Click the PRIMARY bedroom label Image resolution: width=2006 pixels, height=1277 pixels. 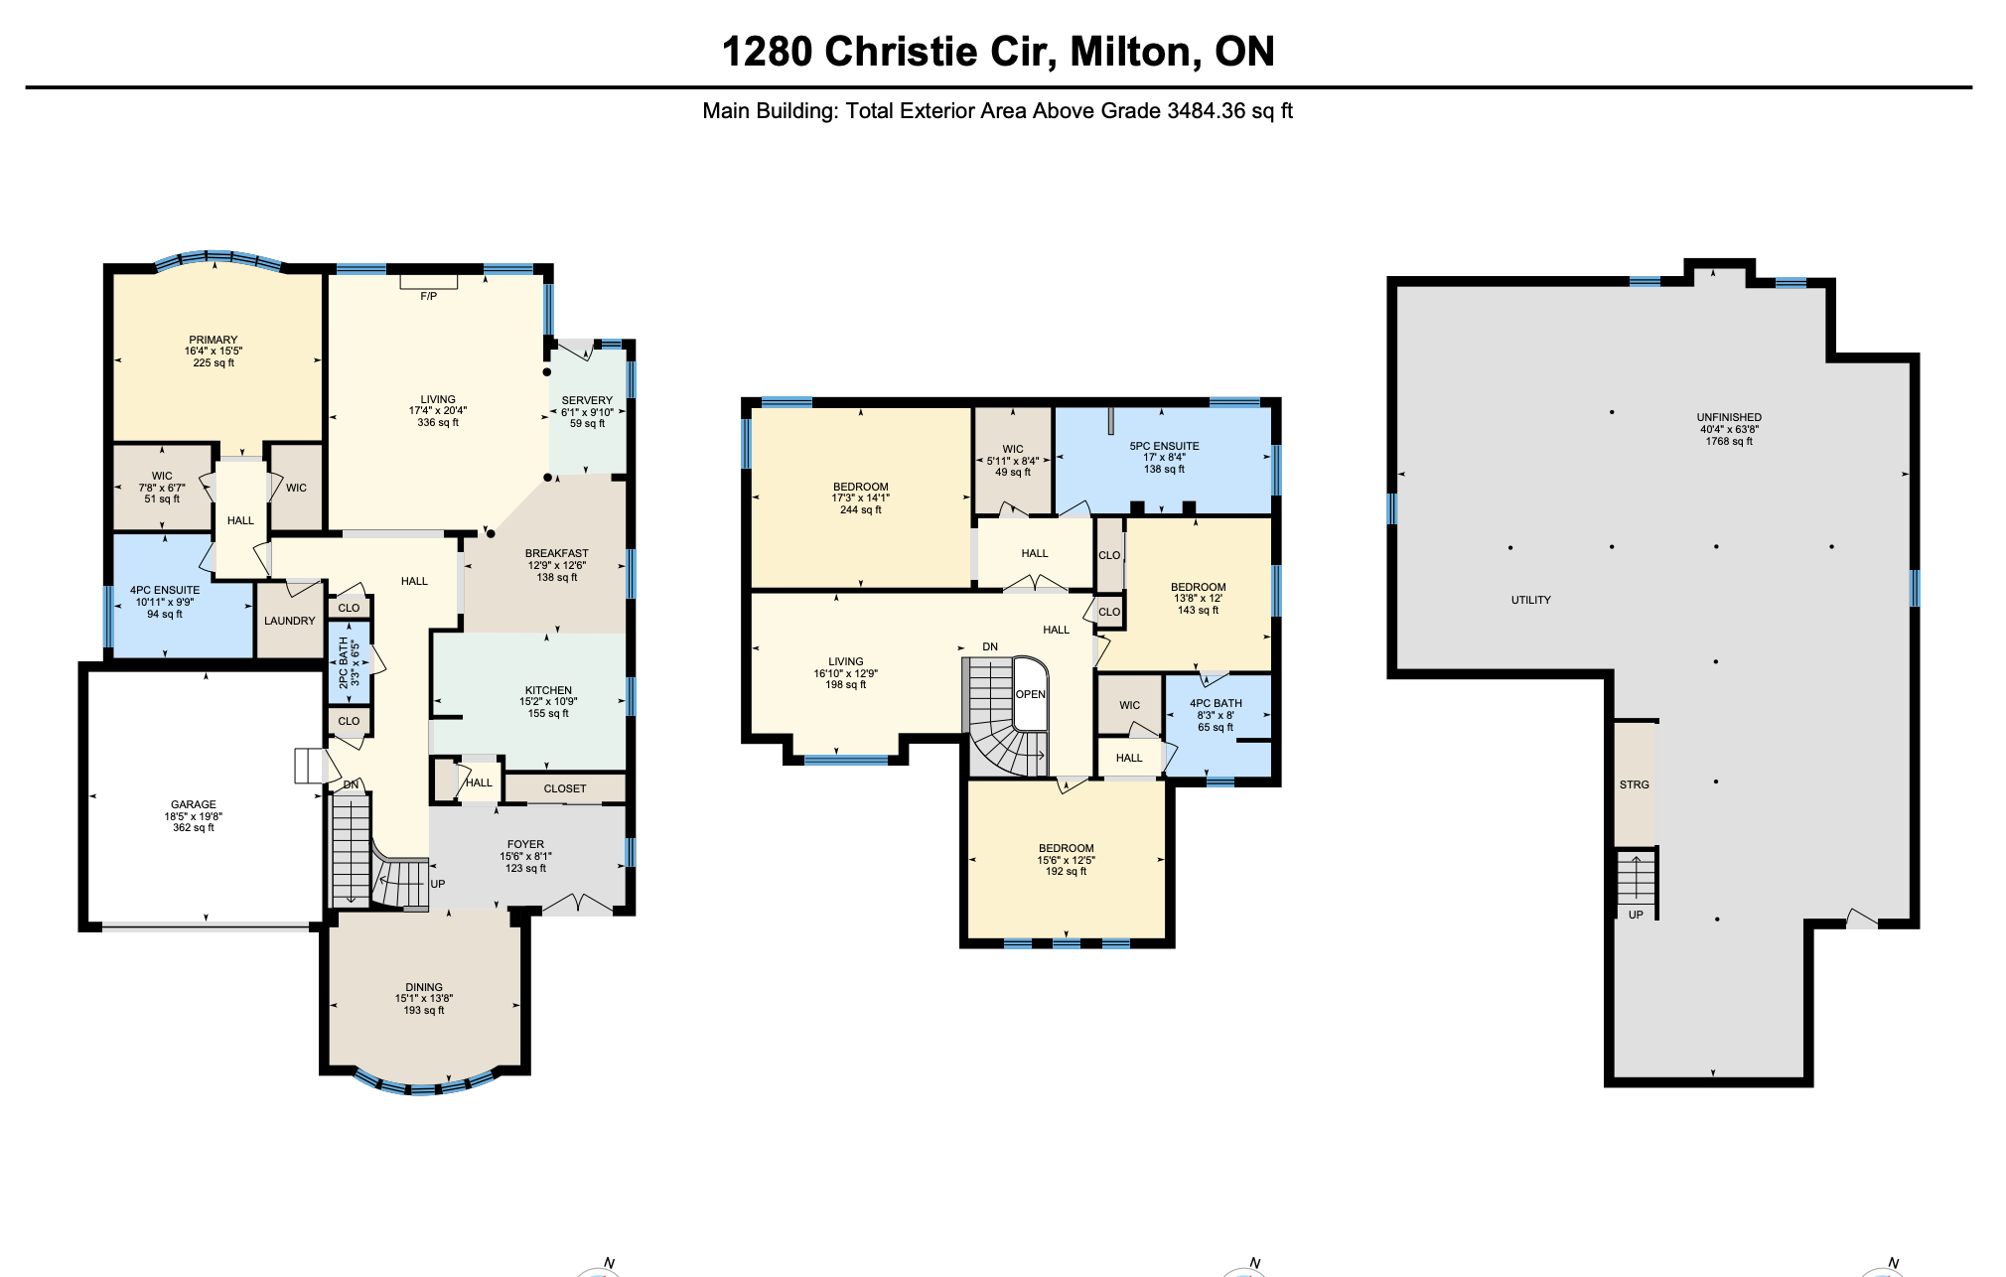214,340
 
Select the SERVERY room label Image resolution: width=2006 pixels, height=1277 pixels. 587,400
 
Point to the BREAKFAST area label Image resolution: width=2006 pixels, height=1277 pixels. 557,553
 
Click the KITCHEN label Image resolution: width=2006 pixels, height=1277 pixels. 548,690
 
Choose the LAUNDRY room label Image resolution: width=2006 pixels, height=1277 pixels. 290,621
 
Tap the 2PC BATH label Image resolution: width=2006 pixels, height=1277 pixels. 344,662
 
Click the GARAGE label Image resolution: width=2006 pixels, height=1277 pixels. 194,804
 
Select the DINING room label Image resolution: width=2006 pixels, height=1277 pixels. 424,987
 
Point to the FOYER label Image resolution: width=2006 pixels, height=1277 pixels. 525,844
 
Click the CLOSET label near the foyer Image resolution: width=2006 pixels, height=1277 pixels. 565,788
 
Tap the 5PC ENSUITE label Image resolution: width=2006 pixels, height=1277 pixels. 1164,446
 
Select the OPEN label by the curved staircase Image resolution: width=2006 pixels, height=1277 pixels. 1031,694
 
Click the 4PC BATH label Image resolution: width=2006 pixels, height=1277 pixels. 1216,703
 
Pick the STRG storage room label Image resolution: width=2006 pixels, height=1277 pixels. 1635,784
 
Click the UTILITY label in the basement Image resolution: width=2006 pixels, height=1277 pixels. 1530,600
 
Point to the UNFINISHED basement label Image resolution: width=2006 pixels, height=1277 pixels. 1729,417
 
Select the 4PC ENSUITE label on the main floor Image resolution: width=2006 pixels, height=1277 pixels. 165,590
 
